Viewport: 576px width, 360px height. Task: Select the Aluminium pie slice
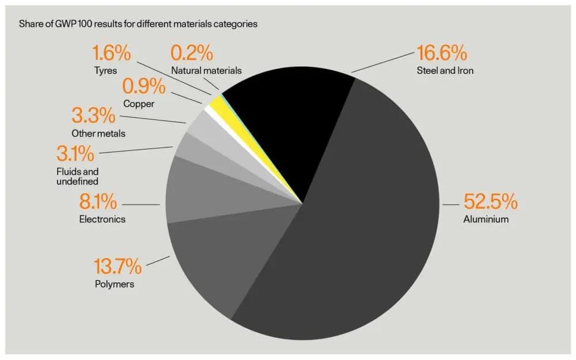(357, 230)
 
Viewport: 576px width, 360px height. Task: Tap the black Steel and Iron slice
(288, 127)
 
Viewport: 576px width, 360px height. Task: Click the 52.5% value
(490, 203)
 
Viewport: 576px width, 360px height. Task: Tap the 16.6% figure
(441, 54)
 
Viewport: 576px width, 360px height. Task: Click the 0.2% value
(192, 54)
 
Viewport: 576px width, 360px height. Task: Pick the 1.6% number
(112, 54)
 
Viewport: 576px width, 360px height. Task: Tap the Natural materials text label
(206, 71)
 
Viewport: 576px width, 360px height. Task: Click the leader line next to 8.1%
(142, 204)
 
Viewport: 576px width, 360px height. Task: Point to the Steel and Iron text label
(445, 71)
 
